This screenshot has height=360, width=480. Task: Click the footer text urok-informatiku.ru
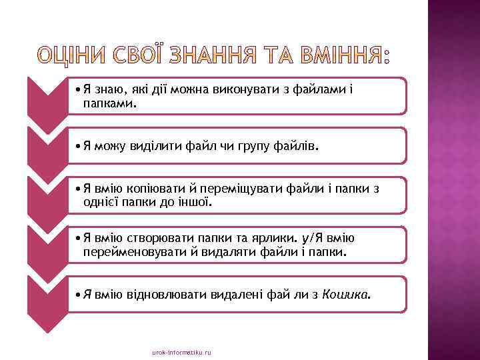tap(181, 351)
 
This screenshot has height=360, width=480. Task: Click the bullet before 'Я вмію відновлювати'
tap(79, 294)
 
